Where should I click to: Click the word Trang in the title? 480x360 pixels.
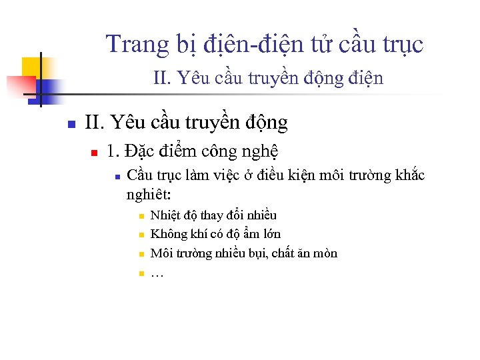click(129, 45)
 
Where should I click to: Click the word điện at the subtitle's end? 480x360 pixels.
click(365, 79)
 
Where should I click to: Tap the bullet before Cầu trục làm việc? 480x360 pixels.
click(116, 177)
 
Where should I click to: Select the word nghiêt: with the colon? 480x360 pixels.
click(149, 195)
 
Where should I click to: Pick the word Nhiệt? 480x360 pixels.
click(165, 215)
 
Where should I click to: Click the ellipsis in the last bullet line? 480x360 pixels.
click(158, 273)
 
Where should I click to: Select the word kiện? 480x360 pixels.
click(294, 175)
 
